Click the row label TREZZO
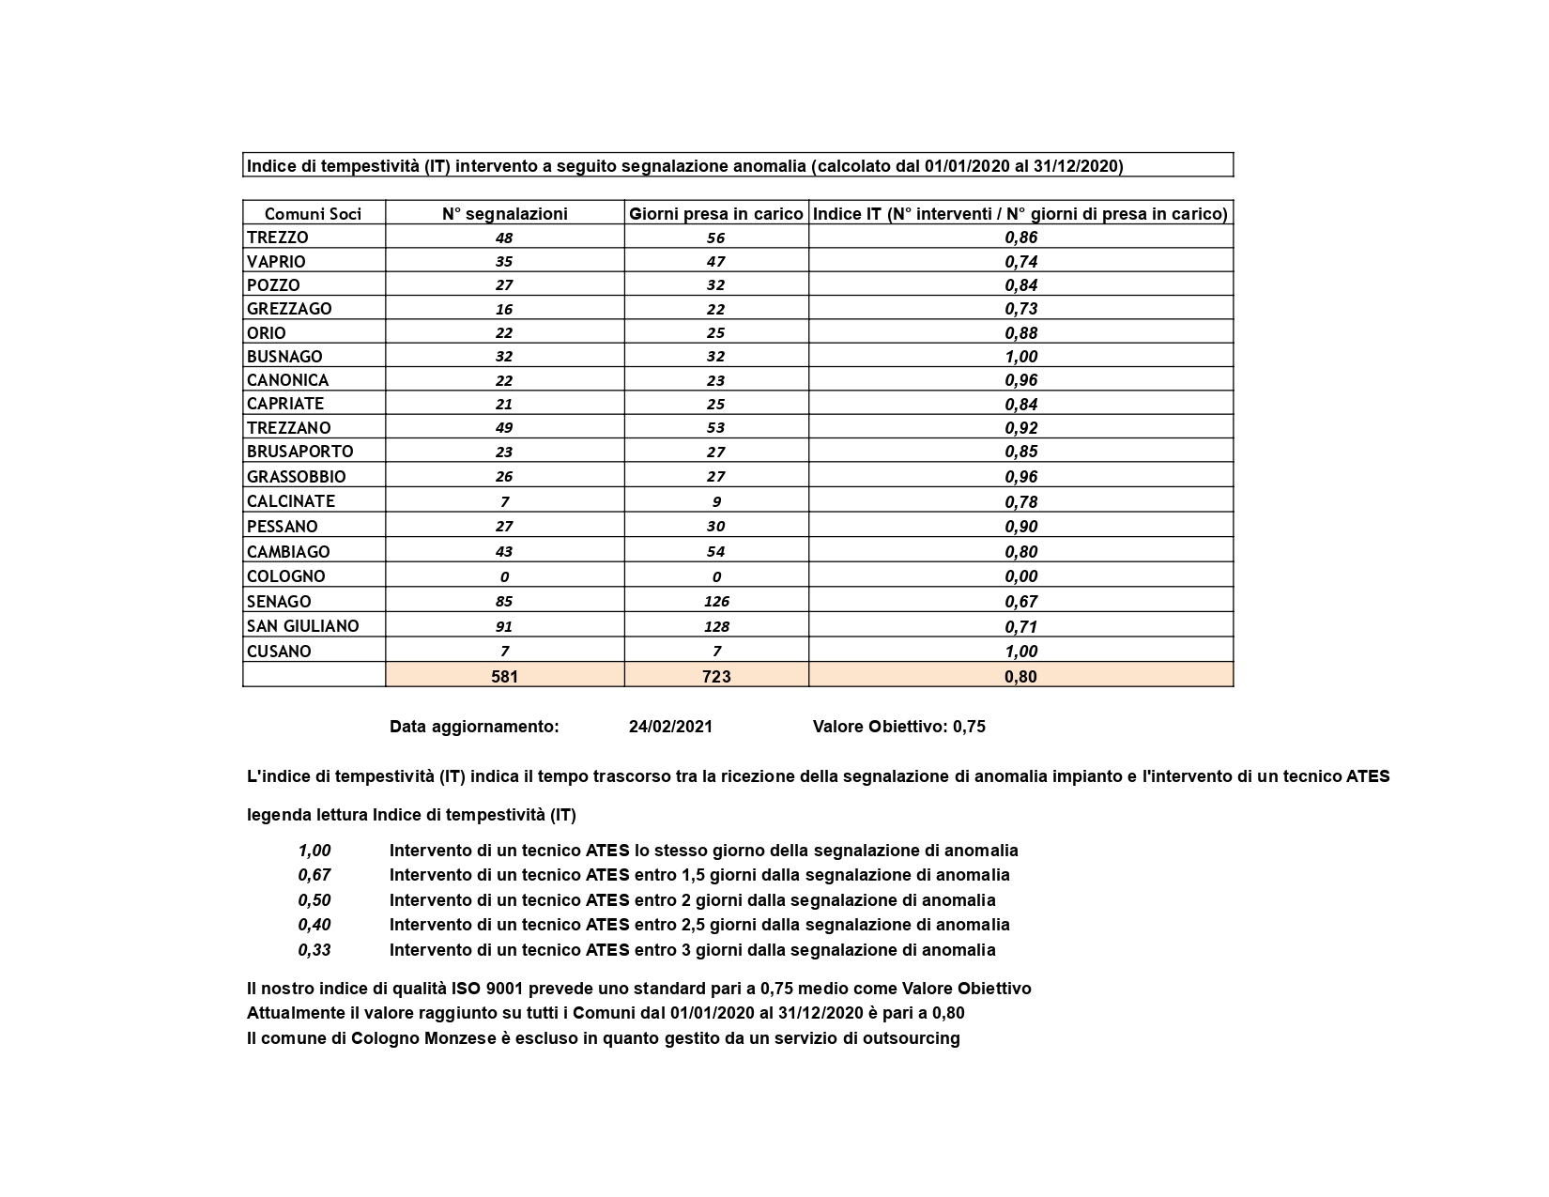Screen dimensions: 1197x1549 278,238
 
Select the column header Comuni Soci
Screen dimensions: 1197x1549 313,214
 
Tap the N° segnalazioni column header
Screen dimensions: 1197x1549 505,214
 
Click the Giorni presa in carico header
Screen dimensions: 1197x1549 716,214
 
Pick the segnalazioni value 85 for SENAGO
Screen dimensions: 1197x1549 505,602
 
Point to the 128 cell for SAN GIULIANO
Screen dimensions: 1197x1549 716,626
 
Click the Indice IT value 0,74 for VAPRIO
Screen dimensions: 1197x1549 1020,262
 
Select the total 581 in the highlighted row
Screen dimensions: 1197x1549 505,676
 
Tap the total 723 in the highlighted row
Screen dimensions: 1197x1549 716,676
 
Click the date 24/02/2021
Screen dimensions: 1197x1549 670,727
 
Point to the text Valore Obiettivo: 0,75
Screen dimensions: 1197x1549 898,727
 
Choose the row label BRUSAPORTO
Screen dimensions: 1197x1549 300,452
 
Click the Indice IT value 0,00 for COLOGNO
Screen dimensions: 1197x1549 1020,576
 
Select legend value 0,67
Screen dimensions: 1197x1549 314,875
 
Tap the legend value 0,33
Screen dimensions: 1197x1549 314,950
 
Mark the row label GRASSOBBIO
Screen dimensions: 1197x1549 297,477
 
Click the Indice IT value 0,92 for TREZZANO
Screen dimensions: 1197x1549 1020,428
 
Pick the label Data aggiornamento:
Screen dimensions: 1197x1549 474,727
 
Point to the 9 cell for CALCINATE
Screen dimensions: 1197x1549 716,501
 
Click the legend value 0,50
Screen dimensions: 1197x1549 314,900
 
